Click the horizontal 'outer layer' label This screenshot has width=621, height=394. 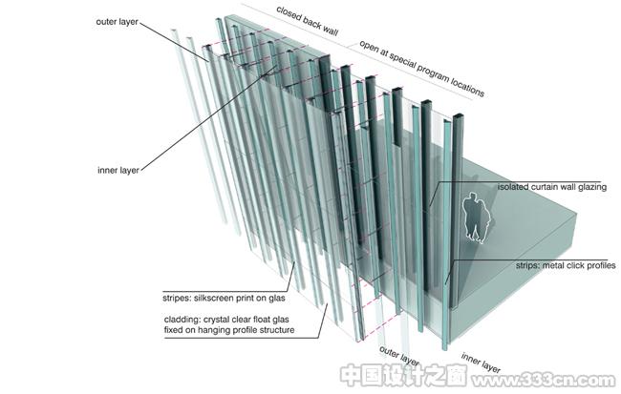[117, 22]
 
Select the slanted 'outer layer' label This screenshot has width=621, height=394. [398, 356]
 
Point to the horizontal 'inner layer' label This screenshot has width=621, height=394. [118, 171]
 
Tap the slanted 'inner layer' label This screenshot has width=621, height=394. [481, 363]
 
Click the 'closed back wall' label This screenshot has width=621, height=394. [307, 21]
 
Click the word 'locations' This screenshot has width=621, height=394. [467, 87]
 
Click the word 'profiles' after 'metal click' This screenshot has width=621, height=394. [599, 266]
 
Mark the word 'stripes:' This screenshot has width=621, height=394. [177, 298]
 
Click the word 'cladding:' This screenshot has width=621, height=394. [181, 320]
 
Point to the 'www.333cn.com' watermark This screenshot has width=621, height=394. [544, 381]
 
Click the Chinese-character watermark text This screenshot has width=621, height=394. [403, 375]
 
